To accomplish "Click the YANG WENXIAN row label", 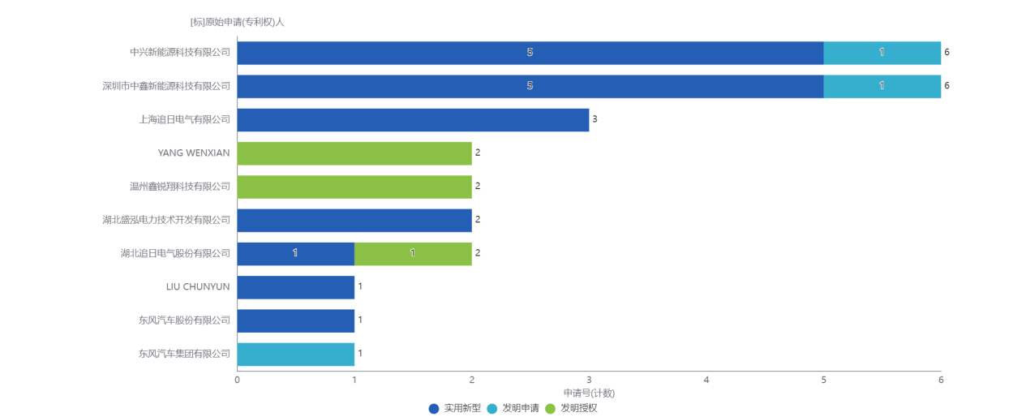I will click(x=194, y=153).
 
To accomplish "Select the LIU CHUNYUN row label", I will click(x=197, y=286).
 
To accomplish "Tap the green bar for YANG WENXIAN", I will click(x=354, y=153).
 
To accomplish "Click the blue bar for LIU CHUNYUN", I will click(x=295, y=287).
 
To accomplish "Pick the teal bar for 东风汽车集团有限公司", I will click(x=295, y=355).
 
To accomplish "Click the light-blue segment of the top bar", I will click(x=882, y=53).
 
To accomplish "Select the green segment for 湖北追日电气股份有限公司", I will click(x=413, y=253).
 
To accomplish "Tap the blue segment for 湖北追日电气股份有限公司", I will click(x=295, y=253).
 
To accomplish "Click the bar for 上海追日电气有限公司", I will click(x=413, y=120).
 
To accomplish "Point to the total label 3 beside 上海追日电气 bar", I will click(x=595, y=119).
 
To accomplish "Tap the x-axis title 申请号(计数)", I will click(x=589, y=393).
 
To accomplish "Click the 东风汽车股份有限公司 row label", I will click(x=184, y=320).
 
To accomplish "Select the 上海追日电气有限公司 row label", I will click(x=184, y=119).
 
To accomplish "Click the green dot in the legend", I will click(x=550, y=408).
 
